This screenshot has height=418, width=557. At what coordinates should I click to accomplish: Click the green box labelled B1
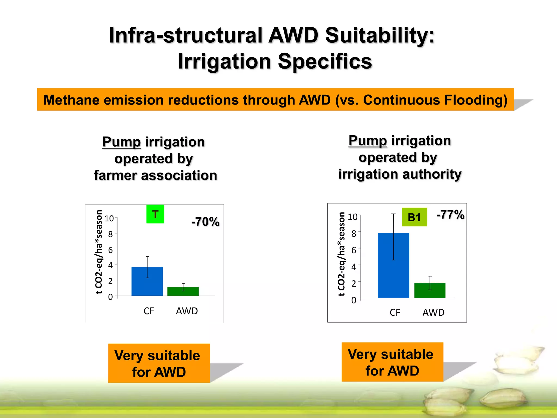point(414,217)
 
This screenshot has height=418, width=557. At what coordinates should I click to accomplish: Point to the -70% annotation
point(205,222)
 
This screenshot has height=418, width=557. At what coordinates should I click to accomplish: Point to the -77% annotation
point(450,215)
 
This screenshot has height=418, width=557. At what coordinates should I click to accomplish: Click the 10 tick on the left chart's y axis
point(109,219)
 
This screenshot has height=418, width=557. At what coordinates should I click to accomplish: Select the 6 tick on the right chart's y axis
point(354,250)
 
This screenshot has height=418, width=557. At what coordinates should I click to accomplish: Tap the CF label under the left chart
point(149,311)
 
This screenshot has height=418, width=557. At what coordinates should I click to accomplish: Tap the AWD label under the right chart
point(433,312)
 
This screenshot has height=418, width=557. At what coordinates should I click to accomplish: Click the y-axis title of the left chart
point(99,252)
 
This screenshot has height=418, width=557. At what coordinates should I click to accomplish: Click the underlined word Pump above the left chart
point(122,142)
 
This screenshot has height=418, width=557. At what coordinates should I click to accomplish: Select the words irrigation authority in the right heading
point(400,174)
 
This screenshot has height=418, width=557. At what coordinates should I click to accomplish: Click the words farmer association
point(156,176)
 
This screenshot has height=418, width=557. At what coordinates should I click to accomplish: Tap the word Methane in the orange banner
point(71,100)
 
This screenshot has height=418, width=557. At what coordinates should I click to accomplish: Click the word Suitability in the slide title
point(380,35)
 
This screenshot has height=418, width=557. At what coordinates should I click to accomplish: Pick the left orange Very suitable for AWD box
point(159,363)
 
